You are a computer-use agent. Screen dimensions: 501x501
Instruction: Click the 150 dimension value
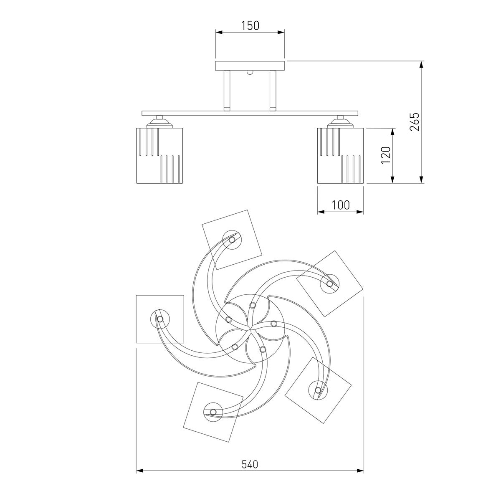coord(250,26)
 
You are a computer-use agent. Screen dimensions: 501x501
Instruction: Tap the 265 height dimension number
coord(415,121)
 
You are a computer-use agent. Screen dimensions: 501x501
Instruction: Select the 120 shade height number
coord(386,155)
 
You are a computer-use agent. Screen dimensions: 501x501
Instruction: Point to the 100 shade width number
coord(341,205)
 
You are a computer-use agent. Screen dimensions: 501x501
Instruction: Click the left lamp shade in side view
coord(159,155)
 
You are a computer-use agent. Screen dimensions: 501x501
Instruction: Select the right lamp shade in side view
coord(340,155)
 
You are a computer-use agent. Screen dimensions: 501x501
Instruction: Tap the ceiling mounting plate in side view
coord(250,66)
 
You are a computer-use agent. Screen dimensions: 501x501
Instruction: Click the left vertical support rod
coord(227,91)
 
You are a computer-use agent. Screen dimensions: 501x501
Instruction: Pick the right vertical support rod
coord(273,91)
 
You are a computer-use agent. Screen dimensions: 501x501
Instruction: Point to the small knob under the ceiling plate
coord(250,72)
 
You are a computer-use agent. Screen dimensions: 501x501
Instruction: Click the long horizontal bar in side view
coord(250,114)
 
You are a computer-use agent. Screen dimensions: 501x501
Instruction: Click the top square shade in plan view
coord(232,240)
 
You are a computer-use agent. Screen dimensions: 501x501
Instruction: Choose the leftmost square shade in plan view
coord(160,319)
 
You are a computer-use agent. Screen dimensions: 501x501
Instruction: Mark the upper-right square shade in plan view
coord(330,283)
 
